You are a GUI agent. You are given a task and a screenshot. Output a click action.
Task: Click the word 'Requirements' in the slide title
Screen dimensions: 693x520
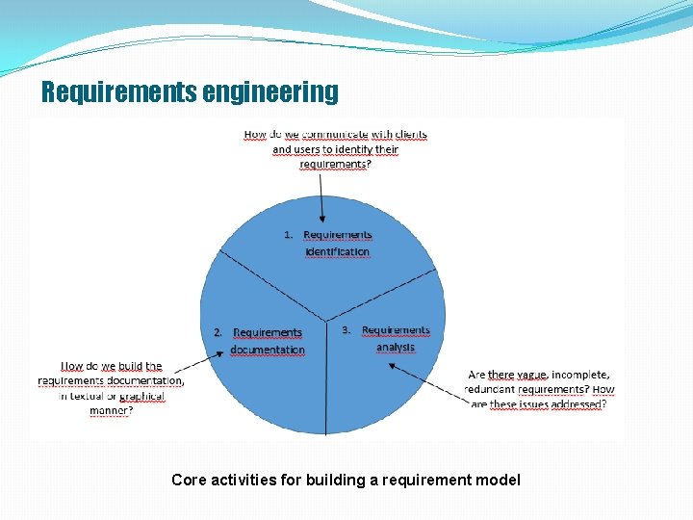click(119, 92)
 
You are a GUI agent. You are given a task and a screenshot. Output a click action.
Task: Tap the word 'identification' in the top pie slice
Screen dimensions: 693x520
click(337, 252)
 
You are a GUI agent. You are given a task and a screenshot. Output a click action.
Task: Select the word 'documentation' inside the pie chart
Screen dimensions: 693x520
click(268, 350)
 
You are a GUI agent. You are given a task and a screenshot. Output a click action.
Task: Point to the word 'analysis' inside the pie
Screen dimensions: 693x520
click(396, 347)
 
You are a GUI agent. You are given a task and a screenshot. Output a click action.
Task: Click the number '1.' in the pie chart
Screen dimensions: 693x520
click(289, 235)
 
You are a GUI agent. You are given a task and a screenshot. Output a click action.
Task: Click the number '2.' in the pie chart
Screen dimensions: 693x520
click(218, 332)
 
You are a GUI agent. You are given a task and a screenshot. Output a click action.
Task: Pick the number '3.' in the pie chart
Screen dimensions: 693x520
click(347, 330)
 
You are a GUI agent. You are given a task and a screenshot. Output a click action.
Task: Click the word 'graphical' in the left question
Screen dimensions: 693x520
click(142, 396)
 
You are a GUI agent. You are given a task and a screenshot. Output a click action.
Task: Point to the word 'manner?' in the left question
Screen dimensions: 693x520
click(111, 411)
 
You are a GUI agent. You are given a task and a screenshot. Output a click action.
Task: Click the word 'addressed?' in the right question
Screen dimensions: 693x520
click(577, 404)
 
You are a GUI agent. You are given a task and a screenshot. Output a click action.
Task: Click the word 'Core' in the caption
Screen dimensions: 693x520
click(187, 480)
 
